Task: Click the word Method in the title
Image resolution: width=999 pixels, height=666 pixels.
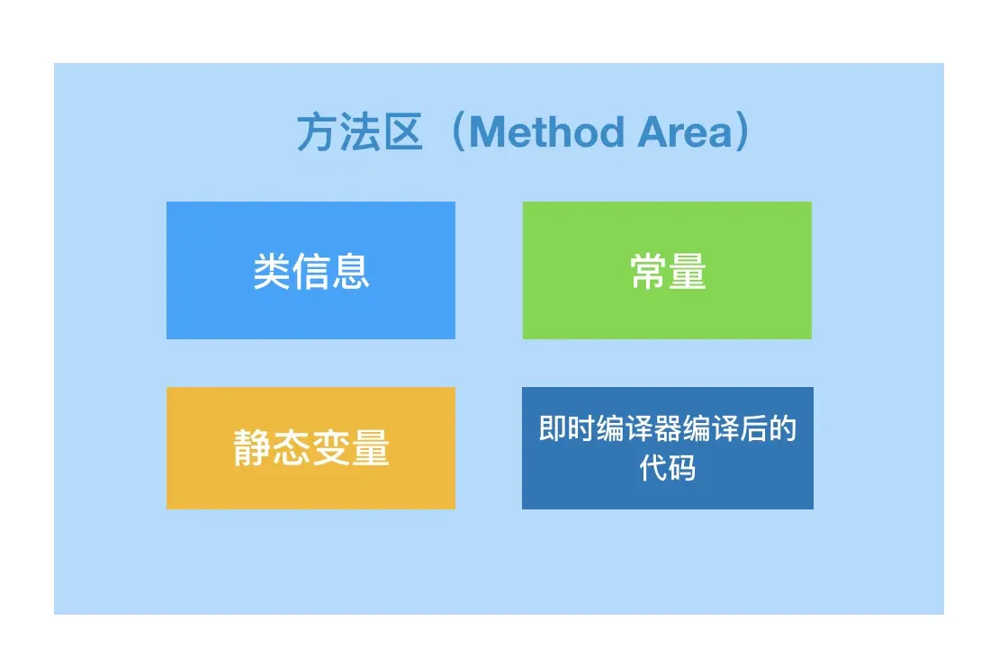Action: point(546,132)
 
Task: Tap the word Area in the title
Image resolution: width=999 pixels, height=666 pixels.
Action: point(685,132)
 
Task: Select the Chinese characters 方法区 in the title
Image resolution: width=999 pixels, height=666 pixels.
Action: point(360,132)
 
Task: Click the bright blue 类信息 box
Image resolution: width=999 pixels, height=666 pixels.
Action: point(310,270)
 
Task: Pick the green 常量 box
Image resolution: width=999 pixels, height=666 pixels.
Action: point(667,270)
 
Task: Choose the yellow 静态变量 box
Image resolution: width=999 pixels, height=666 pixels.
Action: point(310,448)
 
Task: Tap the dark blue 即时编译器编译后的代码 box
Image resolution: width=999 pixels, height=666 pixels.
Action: point(668,448)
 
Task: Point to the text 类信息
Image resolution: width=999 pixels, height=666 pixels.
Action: point(311,272)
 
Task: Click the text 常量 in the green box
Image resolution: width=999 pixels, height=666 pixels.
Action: point(669,272)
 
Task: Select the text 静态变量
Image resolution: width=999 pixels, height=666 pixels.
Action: point(311,448)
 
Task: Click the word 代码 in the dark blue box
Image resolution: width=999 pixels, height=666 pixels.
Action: point(668,468)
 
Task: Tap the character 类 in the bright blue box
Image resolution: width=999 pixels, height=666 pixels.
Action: point(272,272)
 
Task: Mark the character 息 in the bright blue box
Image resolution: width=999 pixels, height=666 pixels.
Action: point(351,272)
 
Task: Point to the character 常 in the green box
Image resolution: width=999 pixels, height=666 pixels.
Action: point(649,272)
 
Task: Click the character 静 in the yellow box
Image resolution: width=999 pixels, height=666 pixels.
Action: point(253,448)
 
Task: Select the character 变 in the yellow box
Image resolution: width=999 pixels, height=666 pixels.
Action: point(331,448)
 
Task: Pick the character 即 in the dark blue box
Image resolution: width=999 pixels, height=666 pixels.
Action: point(553,428)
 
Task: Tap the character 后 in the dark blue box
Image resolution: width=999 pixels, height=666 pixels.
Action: point(753,428)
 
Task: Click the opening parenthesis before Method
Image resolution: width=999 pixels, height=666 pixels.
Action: point(457,132)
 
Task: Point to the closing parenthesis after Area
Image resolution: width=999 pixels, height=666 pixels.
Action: point(742,132)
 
